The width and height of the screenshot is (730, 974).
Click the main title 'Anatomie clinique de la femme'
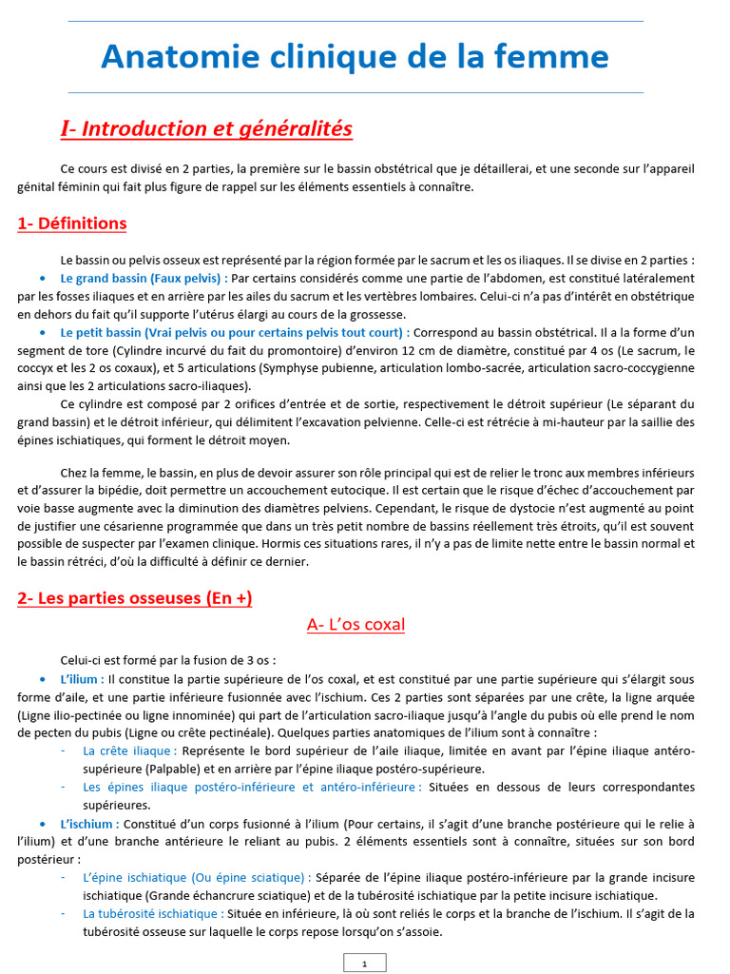[355, 57]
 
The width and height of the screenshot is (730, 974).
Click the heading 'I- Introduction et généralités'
[206, 128]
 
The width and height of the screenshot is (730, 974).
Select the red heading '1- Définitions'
[72, 224]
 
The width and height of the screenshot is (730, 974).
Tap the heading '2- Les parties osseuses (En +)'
[135, 598]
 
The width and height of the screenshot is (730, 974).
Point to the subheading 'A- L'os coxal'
[356, 625]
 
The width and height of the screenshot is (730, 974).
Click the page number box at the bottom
[364, 964]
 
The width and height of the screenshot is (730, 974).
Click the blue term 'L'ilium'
[80, 679]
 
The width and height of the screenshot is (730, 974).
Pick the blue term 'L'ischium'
[87, 823]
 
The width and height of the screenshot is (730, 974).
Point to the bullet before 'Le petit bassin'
[45, 332]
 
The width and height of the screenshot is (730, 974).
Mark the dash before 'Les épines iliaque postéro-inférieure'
[62, 788]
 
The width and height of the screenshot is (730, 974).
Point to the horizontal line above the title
[355, 20]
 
